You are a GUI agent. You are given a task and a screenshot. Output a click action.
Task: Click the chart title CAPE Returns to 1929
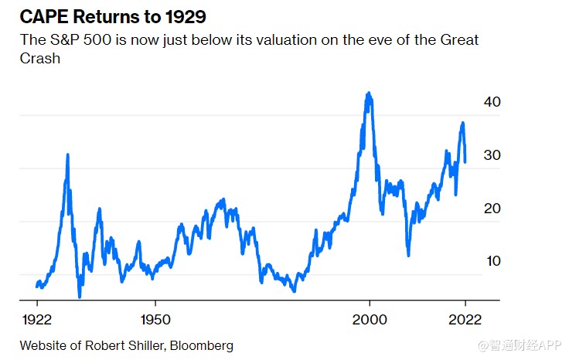click(113, 15)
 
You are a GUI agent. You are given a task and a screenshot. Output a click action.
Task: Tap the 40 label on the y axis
click(492, 102)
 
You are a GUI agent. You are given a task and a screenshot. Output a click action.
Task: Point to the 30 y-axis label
click(492, 155)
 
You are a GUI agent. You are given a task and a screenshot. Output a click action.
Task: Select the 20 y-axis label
click(492, 209)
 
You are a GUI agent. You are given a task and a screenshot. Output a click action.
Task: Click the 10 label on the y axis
click(492, 261)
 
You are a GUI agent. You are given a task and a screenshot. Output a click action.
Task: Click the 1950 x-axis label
click(155, 318)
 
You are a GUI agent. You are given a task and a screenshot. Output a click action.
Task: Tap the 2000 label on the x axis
click(370, 318)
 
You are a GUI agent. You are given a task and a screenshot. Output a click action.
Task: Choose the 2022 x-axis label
click(465, 318)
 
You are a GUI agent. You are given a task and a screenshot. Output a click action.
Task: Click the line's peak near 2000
click(369, 93)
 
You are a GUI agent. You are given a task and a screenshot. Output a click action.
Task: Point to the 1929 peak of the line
click(68, 155)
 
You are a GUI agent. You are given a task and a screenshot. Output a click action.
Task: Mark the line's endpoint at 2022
click(465, 161)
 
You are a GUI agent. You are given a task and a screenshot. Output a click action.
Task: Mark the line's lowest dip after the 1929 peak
click(80, 296)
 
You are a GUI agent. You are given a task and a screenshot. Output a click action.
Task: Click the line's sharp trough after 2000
click(408, 255)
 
